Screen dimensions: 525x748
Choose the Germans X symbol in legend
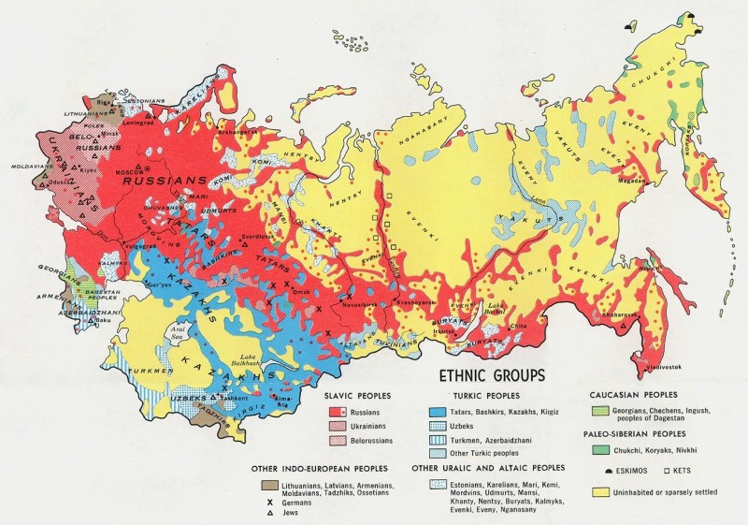click(x=269, y=503)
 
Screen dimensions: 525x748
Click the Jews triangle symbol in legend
click(x=269, y=514)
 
